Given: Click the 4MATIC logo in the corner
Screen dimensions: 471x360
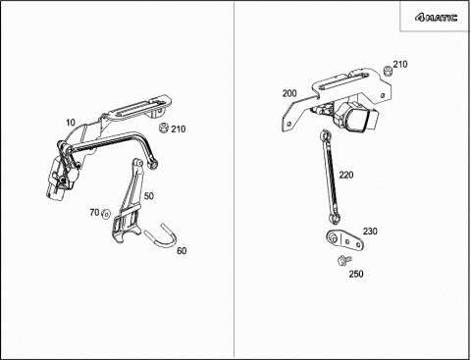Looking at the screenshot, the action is (x=436, y=18).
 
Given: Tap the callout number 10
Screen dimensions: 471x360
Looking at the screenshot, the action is (x=71, y=123).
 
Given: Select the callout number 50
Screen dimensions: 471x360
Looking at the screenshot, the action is (x=149, y=196).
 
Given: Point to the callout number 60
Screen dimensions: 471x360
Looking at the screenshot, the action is (x=182, y=251).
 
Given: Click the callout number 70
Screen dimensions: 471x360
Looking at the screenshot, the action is (x=94, y=213).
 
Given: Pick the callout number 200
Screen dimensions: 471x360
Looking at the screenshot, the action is (x=289, y=93).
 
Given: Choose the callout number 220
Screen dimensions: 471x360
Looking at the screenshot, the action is (x=346, y=175).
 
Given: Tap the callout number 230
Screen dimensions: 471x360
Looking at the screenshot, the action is (x=370, y=231).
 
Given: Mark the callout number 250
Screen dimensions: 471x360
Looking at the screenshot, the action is (x=356, y=274).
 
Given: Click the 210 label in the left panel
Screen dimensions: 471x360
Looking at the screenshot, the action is (x=179, y=129).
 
